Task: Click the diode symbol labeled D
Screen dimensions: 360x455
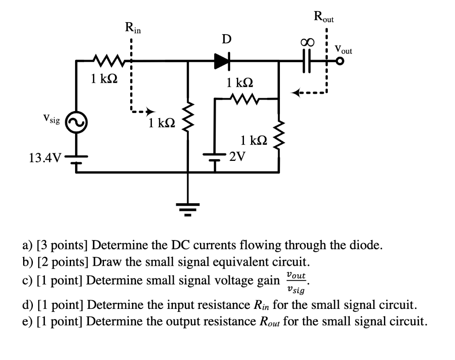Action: (222, 62)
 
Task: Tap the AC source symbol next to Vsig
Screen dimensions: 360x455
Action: (76, 122)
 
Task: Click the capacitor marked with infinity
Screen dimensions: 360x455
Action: (306, 62)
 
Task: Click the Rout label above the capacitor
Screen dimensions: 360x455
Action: (324, 17)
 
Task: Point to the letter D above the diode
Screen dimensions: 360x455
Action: (226, 40)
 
